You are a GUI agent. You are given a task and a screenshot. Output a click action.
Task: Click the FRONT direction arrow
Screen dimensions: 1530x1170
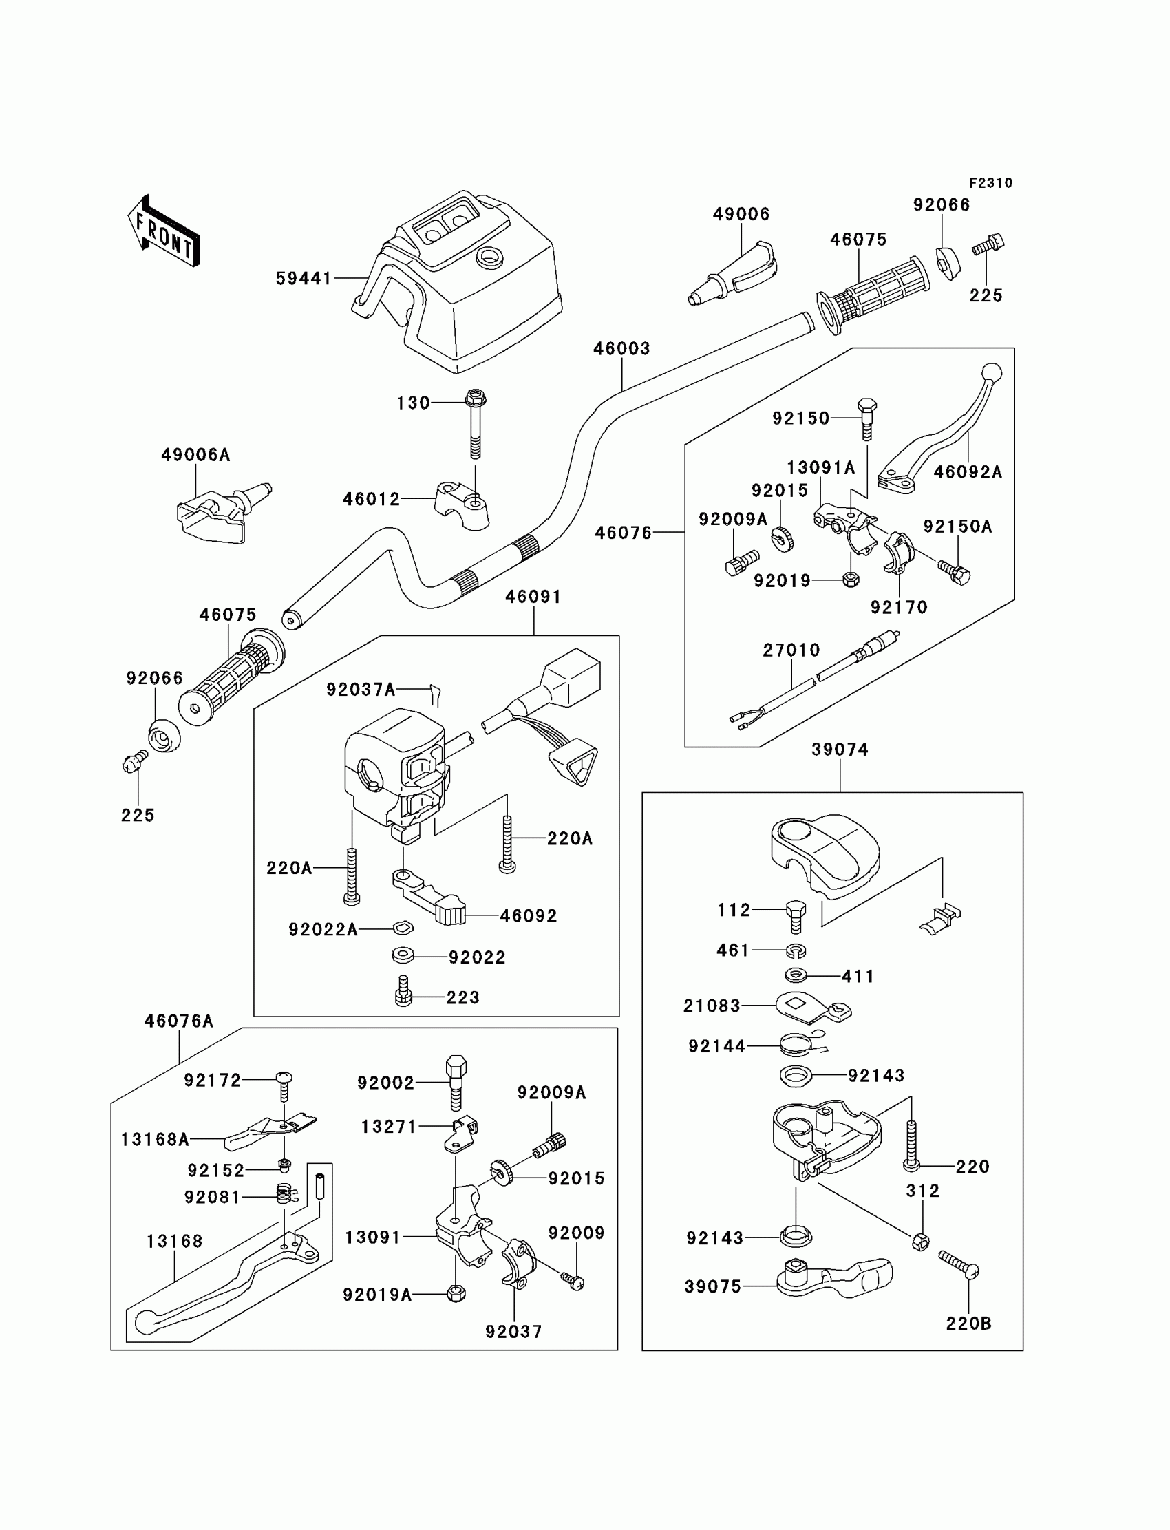(x=164, y=232)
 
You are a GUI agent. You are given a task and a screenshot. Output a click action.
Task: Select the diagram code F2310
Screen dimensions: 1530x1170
(x=990, y=183)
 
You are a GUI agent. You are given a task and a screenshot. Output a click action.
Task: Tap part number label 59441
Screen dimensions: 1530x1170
(x=304, y=279)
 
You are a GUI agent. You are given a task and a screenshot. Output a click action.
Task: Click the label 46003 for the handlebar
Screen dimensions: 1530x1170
(x=621, y=348)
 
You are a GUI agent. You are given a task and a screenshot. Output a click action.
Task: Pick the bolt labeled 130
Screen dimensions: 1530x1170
(x=475, y=425)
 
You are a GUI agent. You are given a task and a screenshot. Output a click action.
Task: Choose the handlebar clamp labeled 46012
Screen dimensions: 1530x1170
(x=462, y=504)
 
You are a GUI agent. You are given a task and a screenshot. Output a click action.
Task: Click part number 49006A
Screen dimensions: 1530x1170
(x=195, y=455)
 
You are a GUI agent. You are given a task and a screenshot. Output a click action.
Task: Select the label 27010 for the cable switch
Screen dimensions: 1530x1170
(x=791, y=650)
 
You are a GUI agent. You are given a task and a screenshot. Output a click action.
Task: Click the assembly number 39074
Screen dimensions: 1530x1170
(x=840, y=750)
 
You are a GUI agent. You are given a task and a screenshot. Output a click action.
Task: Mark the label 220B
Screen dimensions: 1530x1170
(x=968, y=1323)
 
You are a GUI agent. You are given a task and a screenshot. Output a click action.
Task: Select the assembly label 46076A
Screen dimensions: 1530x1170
(x=178, y=1021)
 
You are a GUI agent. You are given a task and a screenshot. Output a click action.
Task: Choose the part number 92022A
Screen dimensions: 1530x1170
(x=323, y=929)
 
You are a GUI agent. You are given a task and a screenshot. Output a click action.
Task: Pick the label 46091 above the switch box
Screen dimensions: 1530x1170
(x=533, y=596)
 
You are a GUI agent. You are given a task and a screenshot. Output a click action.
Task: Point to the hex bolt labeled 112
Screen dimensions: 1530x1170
(x=796, y=916)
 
